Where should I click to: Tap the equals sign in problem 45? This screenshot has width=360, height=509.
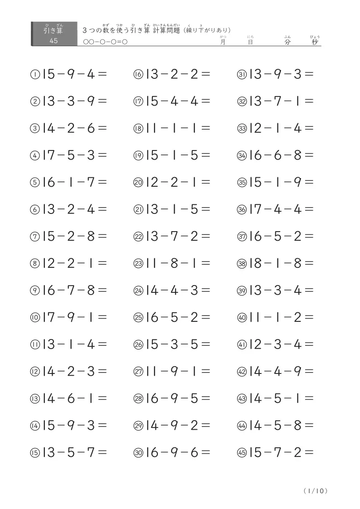click(309, 452)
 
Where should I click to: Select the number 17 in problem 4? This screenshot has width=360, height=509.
click(49, 155)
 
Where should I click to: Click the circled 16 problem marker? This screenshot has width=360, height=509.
click(138, 74)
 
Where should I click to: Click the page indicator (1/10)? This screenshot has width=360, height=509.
click(315, 491)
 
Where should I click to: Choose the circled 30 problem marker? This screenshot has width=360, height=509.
click(138, 453)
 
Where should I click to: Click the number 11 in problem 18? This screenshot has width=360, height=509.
click(152, 128)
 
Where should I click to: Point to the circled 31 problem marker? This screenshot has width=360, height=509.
click(241, 74)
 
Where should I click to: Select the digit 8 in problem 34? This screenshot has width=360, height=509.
click(297, 155)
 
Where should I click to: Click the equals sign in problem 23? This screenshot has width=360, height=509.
click(206, 263)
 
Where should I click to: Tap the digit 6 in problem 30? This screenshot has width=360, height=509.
click(194, 452)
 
